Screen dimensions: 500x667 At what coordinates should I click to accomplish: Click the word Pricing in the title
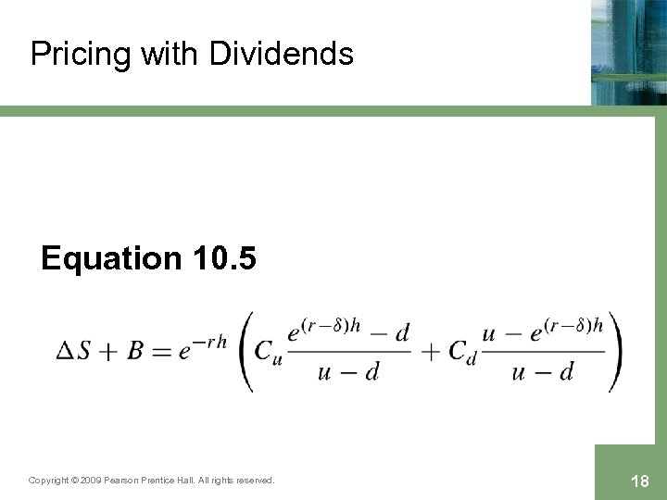point(82,55)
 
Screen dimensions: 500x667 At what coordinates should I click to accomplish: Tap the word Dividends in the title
point(282,54)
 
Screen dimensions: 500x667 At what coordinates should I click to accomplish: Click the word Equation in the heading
point(112,259)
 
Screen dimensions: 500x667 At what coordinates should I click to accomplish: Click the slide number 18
point(638,481)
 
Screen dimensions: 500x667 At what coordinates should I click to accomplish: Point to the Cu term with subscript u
point(267,353)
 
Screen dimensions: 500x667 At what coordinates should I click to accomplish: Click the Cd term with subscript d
point(460,353)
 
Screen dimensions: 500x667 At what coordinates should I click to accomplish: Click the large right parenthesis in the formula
point(615,352)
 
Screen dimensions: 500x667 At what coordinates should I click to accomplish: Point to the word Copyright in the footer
point(48,481)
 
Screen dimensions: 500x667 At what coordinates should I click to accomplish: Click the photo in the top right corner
point(629,51)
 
